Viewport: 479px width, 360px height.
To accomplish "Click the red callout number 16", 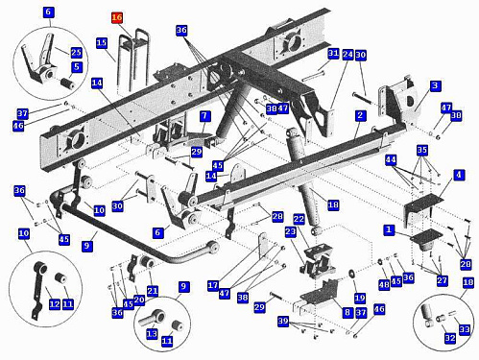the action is tap(117, 17).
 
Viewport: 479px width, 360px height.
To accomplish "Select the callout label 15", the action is tap(102, 43).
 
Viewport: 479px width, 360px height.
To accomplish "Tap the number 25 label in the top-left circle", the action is tap(76, 52).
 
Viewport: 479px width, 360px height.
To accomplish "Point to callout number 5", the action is tap(77, 67).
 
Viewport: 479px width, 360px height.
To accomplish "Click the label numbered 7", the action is tap(204, 116).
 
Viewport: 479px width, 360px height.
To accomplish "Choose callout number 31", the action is tap(333, 53).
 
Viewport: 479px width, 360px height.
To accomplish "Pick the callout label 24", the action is tap(347, 55).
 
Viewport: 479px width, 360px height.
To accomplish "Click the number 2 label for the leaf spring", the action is tap(360, 115).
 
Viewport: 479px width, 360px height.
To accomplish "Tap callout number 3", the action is tap(435, 85).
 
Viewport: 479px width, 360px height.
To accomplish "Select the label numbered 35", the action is tap(422, 150).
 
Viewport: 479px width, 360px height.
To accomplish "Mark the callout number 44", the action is tap(391, 159).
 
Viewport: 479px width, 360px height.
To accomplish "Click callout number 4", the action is tap(459, 175).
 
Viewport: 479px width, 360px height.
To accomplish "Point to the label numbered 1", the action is tap(389, 229).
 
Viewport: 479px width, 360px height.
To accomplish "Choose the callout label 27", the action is tap(443, 280).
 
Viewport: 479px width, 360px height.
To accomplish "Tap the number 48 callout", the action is tap(384, 284).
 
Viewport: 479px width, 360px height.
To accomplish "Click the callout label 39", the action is tap(283, 321).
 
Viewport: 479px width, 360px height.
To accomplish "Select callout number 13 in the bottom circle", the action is tap(152, 334).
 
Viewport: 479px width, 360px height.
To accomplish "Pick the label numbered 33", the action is tap(465, 329).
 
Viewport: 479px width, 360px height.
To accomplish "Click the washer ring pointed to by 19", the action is tap(352, 274).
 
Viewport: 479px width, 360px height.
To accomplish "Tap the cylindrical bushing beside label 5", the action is tap(67, 84).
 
